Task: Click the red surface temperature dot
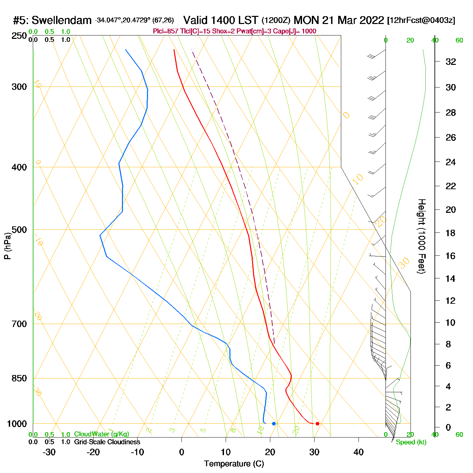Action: [x=317, y=423]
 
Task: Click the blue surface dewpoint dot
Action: [x=274, y=423]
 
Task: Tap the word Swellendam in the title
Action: [x=61, y=20]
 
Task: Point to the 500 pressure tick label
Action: [x=19, y=230]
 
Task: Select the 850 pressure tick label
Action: [x=19, y=378]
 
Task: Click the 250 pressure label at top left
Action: [x=19, y=36]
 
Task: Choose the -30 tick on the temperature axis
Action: [x=49, y=452]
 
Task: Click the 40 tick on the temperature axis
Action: [x=358, y=452]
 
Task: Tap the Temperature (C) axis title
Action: [x=234, y=464]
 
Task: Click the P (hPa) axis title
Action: [x=7, y=246]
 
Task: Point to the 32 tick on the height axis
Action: [x=451, y=62]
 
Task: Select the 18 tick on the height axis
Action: [x=451, y=233]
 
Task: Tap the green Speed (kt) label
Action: [x=411, y=442]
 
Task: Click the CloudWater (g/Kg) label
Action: [x=101, y=434]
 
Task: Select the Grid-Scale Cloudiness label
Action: [x=107, y=442]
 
